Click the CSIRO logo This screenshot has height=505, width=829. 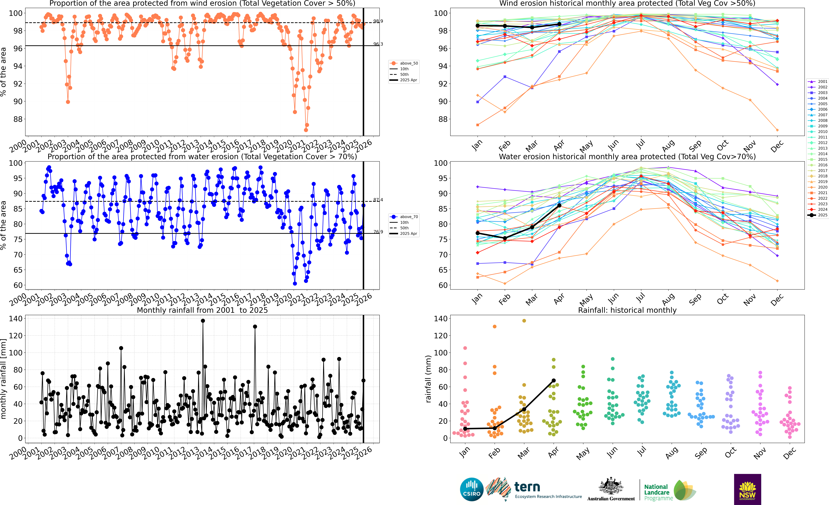point(471,489)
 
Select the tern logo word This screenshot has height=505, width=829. point(527,487)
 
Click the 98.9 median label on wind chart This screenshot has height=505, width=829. point(378,21)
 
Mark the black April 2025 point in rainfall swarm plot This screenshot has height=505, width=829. point(553,380)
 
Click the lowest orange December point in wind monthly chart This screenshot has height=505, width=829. point(777,130)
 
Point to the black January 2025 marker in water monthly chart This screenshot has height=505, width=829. point(477,233)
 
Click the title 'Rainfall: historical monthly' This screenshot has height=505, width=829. point(627,310)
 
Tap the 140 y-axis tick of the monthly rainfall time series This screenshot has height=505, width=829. point(15,318)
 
